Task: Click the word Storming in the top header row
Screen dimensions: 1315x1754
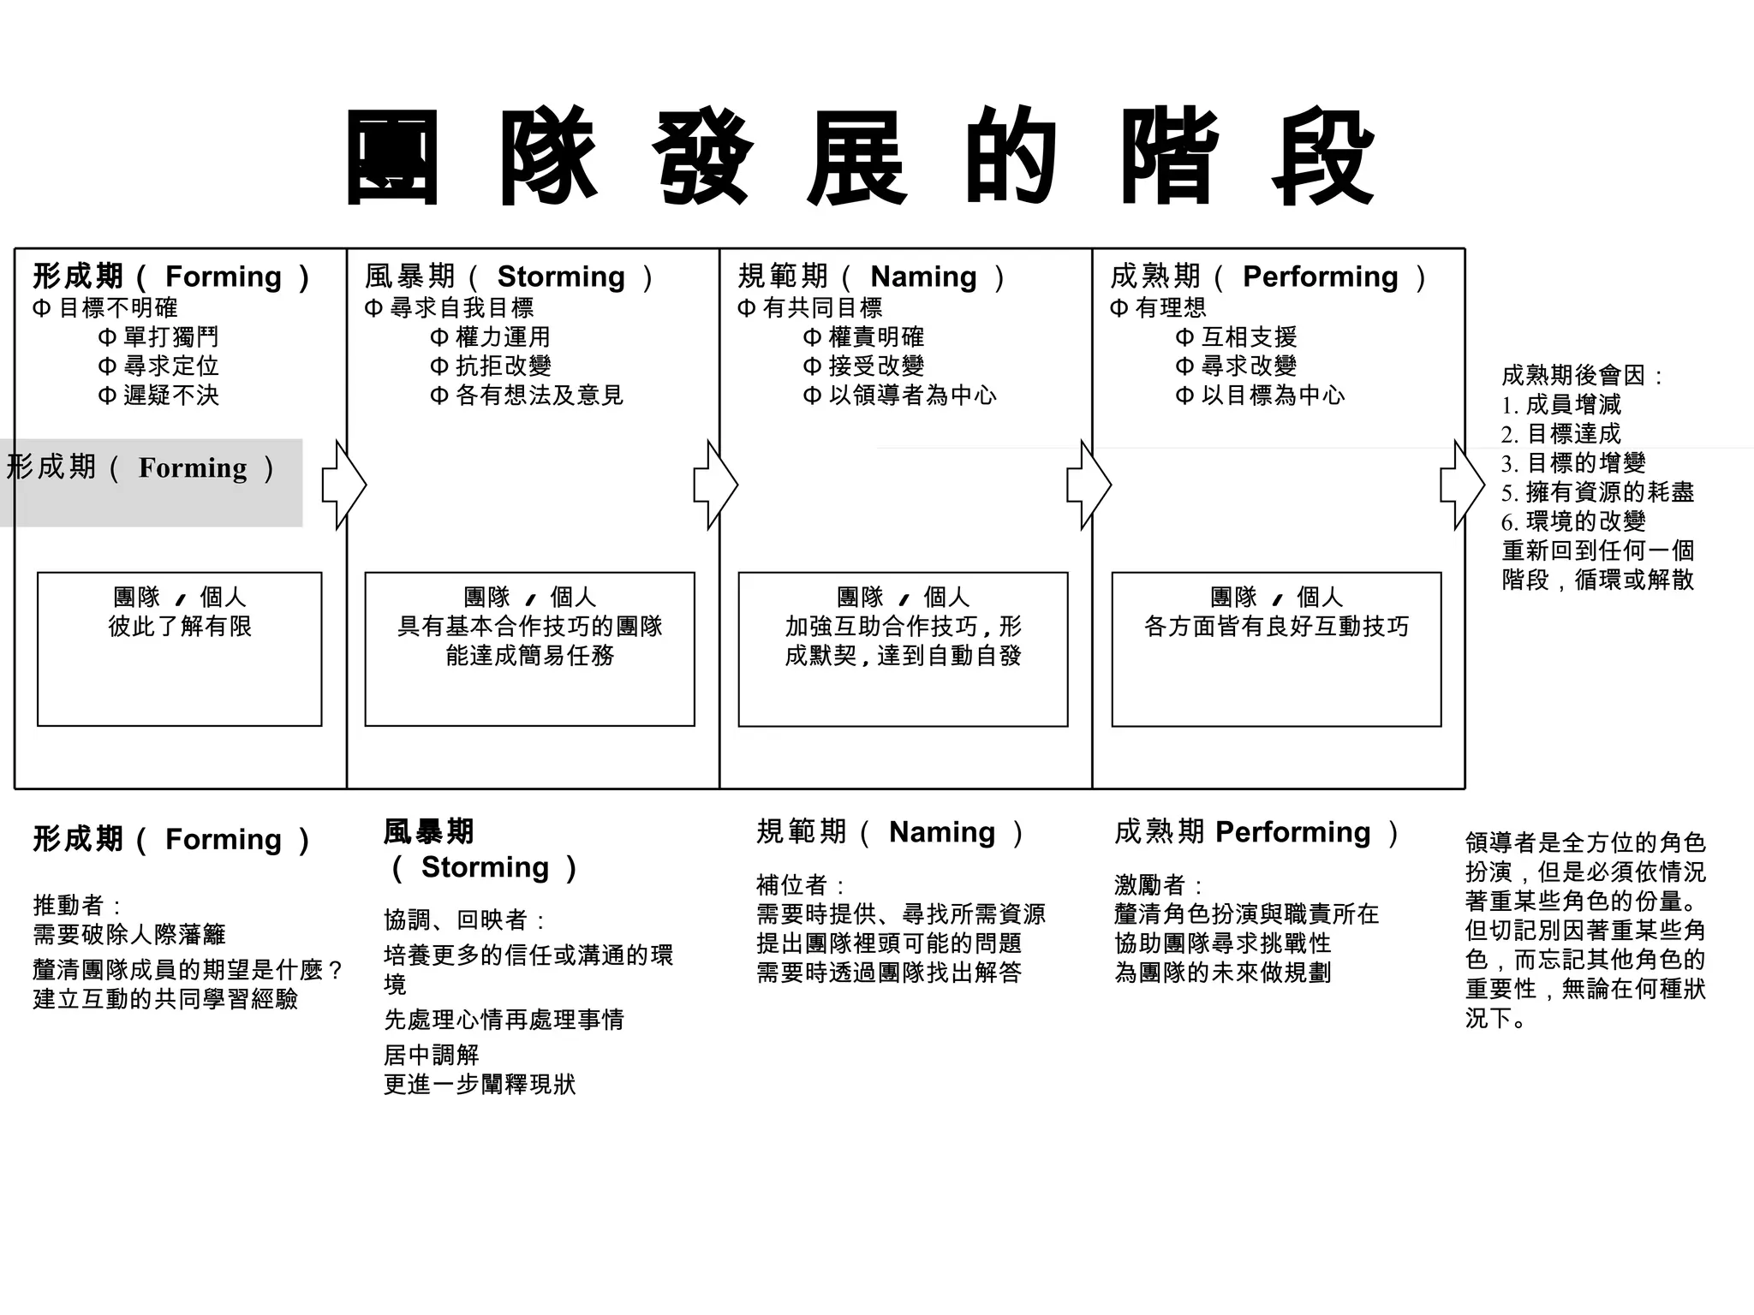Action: coord(561,277)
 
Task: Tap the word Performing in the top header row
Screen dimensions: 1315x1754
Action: coord(1320,277)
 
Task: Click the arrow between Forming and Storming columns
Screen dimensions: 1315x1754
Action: coord(343,485)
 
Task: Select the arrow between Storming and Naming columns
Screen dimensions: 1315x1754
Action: coord(715,485)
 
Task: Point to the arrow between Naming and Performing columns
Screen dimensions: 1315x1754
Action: coord(1089,485)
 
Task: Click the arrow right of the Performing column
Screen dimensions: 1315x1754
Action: coord(1462,485)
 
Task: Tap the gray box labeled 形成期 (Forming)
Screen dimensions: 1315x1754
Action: coord(151,482)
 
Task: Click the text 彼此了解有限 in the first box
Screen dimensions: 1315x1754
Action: coord(180,626)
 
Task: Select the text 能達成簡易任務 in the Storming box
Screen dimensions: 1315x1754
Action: coord(529,656)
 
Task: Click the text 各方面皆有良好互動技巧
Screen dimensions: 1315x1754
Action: coord(1276,626)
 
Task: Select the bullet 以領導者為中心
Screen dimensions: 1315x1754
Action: coord(911,395)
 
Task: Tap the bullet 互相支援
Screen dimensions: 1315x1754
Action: coord(1248,336)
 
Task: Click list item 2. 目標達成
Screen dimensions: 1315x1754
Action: coord(1561,434)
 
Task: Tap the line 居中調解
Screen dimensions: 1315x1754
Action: coord(431,1055)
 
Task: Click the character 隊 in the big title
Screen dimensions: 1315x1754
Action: coord(548,158)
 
